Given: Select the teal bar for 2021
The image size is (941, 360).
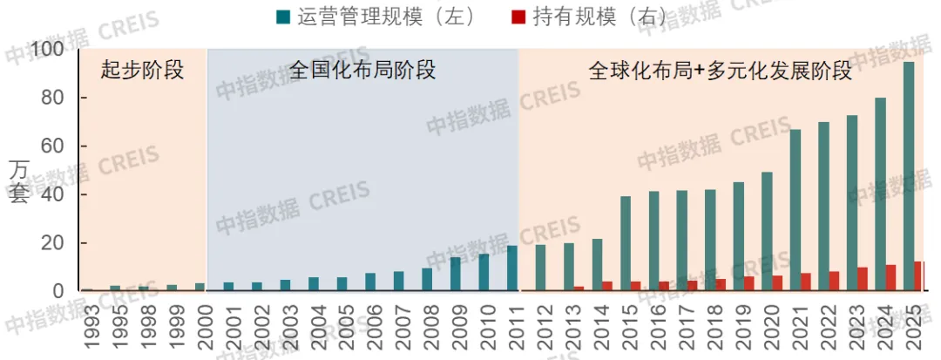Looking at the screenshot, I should tap(795, 210).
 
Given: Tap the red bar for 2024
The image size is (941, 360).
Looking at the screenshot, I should tap(890, 278).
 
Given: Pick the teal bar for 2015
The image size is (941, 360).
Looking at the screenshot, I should tap(626, 243).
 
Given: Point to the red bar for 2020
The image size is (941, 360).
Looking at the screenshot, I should tap(777, 283).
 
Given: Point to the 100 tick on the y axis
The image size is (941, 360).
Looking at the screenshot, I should tap(47, 51).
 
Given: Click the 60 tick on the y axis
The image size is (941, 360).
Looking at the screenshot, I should tap(53, 146).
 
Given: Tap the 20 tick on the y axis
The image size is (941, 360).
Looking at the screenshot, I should tap(53, 243).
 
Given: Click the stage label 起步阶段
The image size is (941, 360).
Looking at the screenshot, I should tap(143, 71).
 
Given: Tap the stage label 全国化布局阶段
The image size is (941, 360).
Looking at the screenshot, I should tap(362, 71).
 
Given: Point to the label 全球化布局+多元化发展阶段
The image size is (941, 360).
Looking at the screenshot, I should tap(720, 71).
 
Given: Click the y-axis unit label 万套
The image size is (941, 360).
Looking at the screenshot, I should tap(18, 181).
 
